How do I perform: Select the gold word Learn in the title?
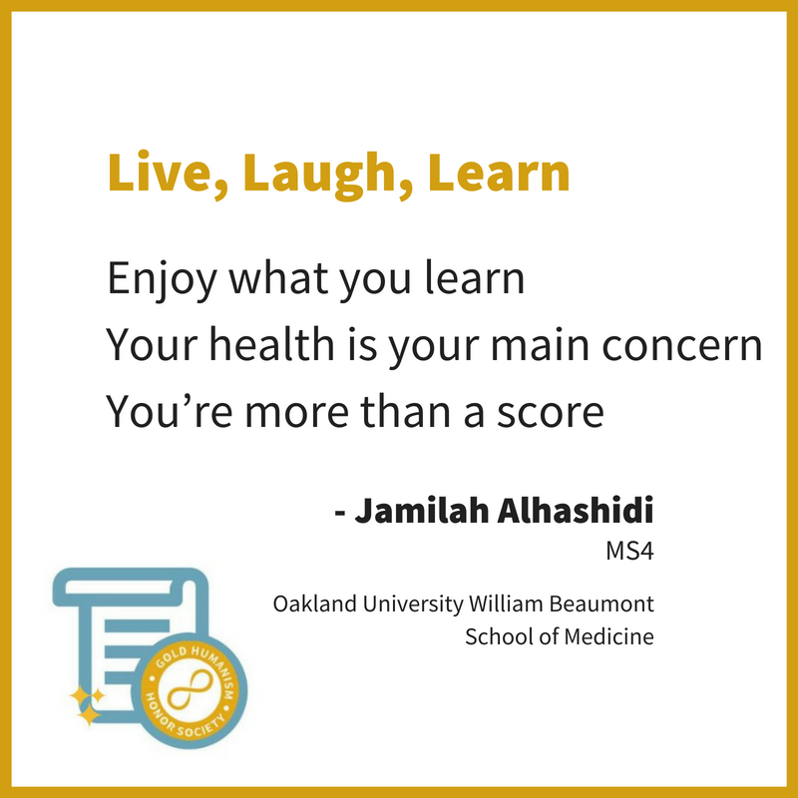point(499,172)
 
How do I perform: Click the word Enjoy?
point(162,280)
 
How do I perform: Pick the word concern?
point(682,346)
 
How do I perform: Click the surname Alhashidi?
point(576,509)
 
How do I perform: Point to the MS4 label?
point(629,551)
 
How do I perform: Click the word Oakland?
point(314,603)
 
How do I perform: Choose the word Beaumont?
point(601,603)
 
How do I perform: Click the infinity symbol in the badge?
point(190,690)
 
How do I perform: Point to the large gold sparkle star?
point(90,714)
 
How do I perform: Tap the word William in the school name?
point(507,603)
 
